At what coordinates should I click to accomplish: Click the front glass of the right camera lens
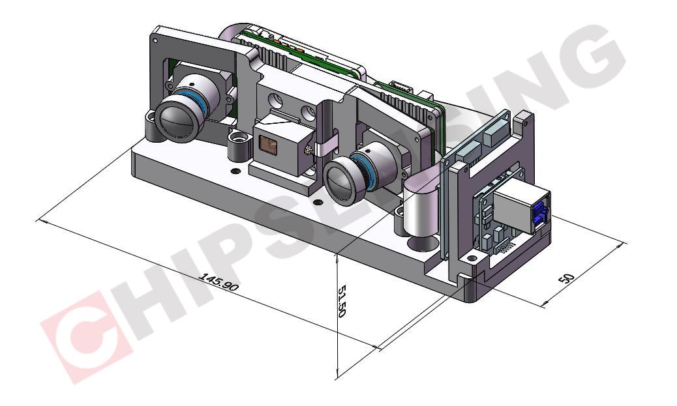342,181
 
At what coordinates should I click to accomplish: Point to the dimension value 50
567,278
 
